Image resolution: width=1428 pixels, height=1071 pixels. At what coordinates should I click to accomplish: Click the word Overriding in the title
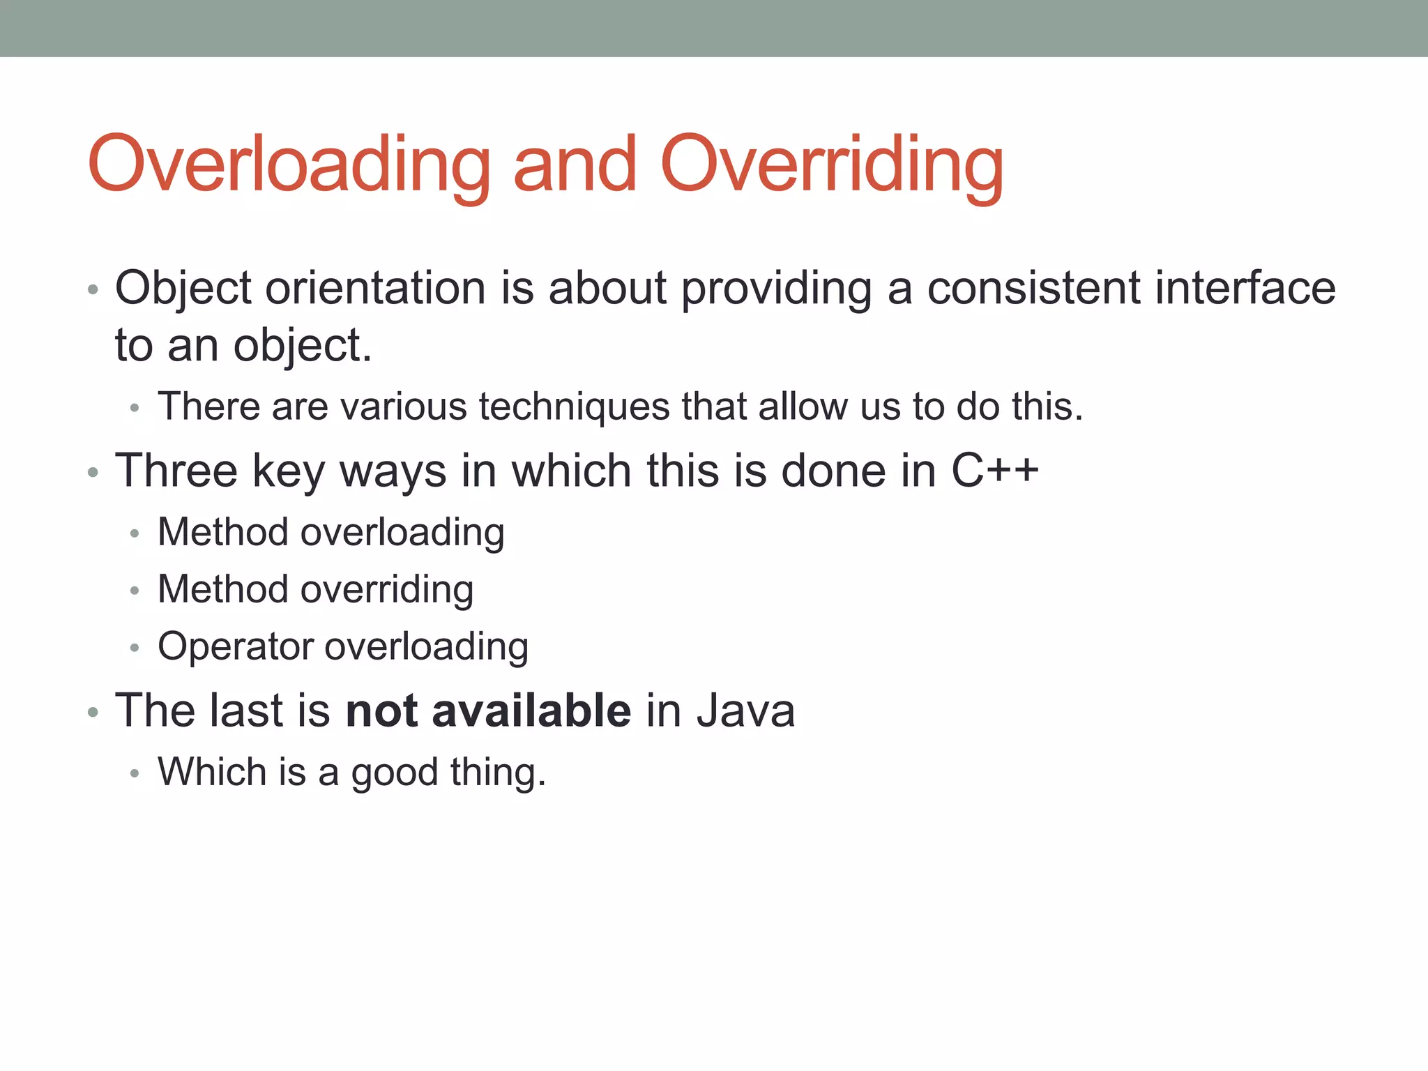pyautogui.click(x=831, y=165)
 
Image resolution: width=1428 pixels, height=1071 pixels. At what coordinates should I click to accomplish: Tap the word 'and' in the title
pyautogui.click(x=575, y=165)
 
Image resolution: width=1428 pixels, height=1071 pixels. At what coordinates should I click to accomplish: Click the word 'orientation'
pyautogui.click(x=375, y=288)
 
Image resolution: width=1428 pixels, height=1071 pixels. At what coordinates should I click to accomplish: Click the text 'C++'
pyautogui.click(x=995, y=471)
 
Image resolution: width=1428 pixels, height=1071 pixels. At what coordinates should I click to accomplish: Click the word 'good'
pyautogui.click(x=394, y=773)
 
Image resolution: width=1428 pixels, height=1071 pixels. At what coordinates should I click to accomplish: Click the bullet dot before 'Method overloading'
pyautogui.click(x=135, y=535)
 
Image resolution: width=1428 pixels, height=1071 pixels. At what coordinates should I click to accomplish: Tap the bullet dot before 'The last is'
pyautogui.click(x=93, y=713)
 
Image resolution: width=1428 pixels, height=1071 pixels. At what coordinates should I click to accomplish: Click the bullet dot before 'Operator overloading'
pyautogui.click(x=135, y=648)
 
